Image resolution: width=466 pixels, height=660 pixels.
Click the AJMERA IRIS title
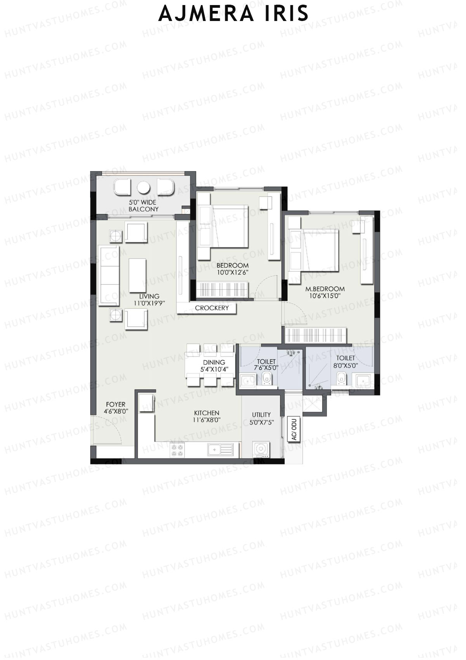(233, 14)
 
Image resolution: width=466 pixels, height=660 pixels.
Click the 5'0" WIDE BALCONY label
(143, 206)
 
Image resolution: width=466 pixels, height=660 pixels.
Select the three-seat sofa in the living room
(109, 276)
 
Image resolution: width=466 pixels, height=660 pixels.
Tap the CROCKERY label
(212, 308)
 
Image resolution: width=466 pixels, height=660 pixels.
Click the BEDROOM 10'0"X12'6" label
(232, 269)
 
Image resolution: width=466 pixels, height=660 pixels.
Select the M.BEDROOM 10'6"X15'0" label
(325, 292)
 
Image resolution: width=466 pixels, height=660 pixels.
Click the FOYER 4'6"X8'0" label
(116, 408)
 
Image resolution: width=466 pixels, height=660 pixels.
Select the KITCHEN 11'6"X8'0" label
(207, 416)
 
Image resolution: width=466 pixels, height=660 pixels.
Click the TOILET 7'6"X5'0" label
(266, 364)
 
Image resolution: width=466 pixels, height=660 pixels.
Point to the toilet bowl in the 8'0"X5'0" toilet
(341, 378)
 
